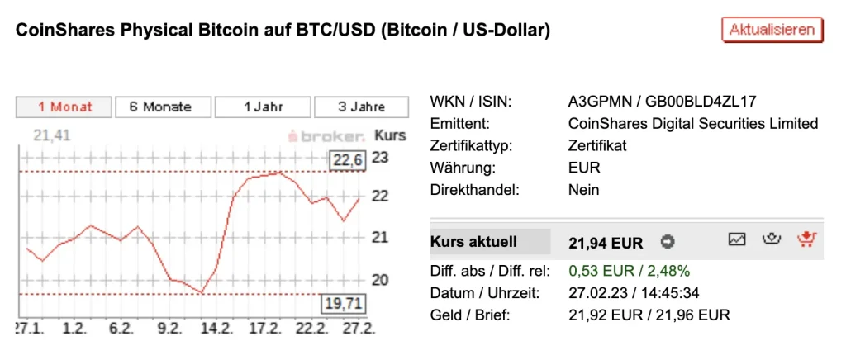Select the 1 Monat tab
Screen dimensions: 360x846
pyautogui.click(x=64, y=107)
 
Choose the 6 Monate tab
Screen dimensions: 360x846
pyautogui.click(x=160, y=107)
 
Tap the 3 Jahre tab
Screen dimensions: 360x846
pyautogui.click(x=360, y=107)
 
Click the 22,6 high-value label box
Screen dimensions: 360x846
pyautogui.click(x=348, y=160)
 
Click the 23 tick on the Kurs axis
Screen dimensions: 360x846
pyautogui.click(x=381, y=157)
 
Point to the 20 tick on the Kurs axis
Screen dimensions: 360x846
pyautogui.click(x=381, y=280)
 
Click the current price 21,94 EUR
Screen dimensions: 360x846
pyautogui.click(x=606, y=243)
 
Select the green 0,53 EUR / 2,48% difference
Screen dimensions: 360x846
pyautogui.click(x=630, y=271)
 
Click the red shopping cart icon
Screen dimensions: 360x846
pyautogui.click(x=806, y=239)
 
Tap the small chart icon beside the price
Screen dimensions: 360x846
pyautogui.click(x=737, y=239)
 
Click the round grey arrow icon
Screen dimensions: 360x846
pyautogui.click(x=668, y=243)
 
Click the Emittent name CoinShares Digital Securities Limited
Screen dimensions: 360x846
pyautogui.click(x=693, y=124)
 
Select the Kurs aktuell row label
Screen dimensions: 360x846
pyautogui.click(x=474, y=242)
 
